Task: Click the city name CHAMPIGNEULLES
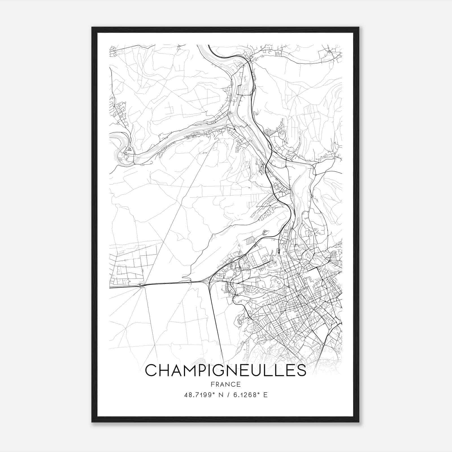tap(225, 370)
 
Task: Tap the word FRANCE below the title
tap(225, 384)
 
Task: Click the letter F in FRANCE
tap(212, 384)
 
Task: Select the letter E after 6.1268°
tap(265, 395)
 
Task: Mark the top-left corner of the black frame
tap(92, 27)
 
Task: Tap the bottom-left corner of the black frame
tap(92, 422)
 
